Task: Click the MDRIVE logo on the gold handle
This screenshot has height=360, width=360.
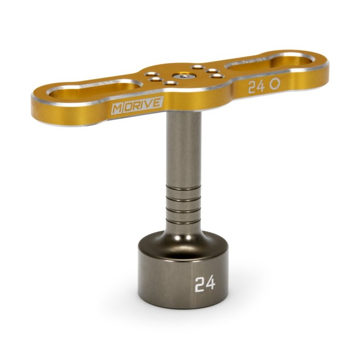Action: point(137,105)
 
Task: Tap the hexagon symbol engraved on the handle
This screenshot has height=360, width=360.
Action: point(274,84)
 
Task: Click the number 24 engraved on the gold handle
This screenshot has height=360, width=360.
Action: point(256,87)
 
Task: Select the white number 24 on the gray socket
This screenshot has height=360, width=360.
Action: point(205,283)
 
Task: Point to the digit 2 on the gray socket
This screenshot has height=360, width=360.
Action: point(199,285)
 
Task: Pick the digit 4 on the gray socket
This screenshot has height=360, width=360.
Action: point(211,283)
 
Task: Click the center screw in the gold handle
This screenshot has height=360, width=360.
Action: point(183,76)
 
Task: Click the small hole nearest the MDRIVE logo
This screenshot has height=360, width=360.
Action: point(170,83)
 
